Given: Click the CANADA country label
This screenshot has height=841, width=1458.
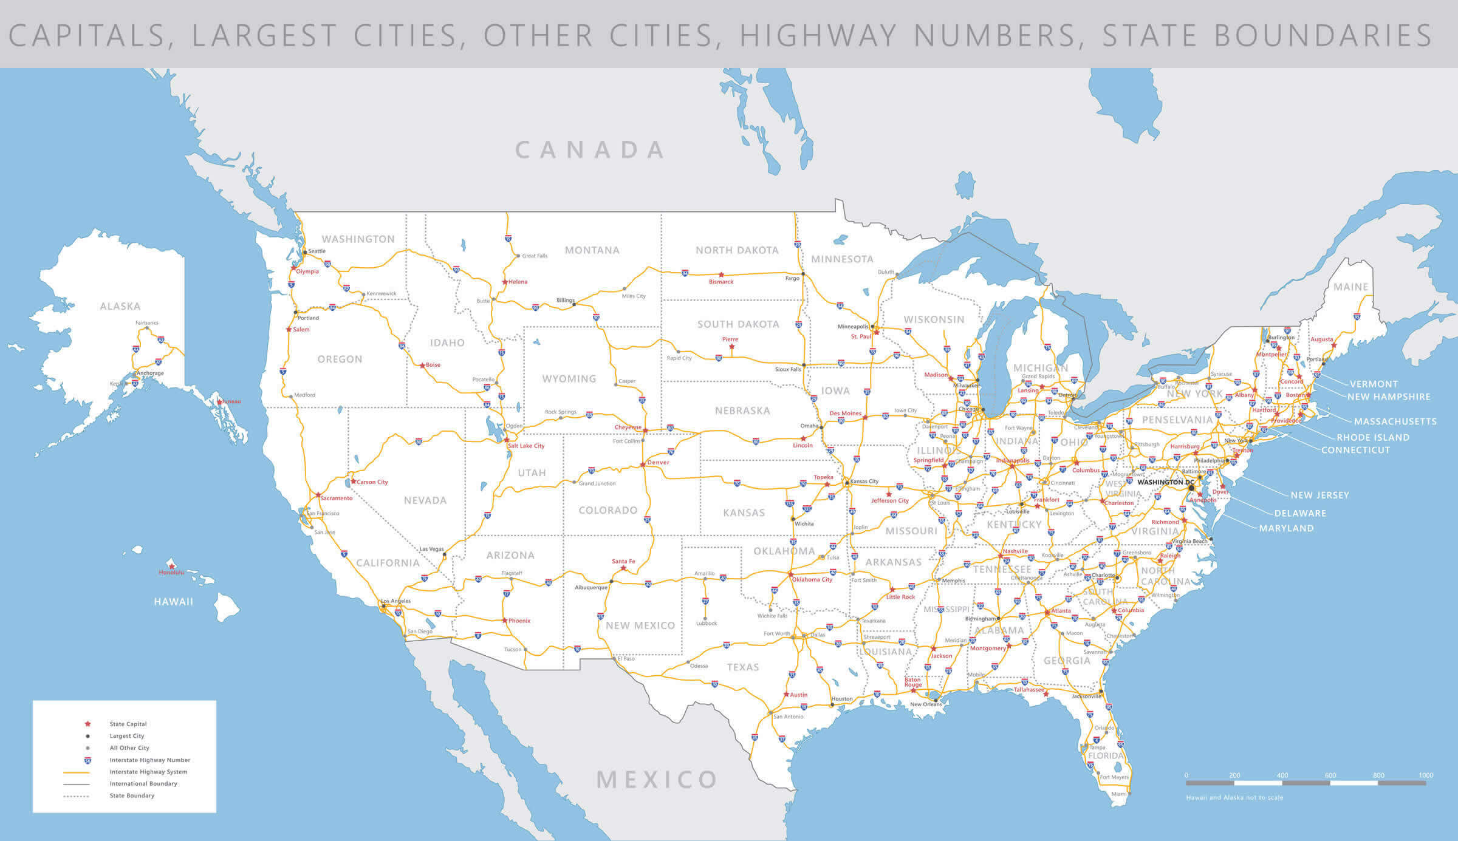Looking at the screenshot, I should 590,150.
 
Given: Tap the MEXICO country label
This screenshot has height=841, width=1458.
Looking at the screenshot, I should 657,780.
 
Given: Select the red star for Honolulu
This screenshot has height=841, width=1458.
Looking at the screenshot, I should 172,566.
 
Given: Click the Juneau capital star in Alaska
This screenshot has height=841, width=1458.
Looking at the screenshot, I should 220,402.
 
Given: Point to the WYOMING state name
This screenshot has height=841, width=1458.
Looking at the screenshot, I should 569,379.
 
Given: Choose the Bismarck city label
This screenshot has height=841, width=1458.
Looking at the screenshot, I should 721,282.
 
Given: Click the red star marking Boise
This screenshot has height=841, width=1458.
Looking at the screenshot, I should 423,366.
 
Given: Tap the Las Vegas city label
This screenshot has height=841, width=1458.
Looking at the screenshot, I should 431,549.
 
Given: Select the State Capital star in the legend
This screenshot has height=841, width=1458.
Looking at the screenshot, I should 87,724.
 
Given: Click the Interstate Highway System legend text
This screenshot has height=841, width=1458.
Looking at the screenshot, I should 148,772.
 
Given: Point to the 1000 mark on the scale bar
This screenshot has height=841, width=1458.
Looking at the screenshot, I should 1426,775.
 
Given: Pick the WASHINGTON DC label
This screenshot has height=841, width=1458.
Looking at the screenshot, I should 1165,482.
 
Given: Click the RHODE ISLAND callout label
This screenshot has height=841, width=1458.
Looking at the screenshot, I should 1372,437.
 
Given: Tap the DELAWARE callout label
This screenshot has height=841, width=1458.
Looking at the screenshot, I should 1300,513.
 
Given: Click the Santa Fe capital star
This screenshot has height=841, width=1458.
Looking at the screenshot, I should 623,568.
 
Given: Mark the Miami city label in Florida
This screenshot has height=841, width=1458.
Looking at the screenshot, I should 1118,794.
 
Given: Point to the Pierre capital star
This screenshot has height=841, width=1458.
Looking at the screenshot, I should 731,347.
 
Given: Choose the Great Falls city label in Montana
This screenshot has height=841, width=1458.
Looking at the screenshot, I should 535,256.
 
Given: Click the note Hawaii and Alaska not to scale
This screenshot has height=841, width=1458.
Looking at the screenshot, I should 1234,797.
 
